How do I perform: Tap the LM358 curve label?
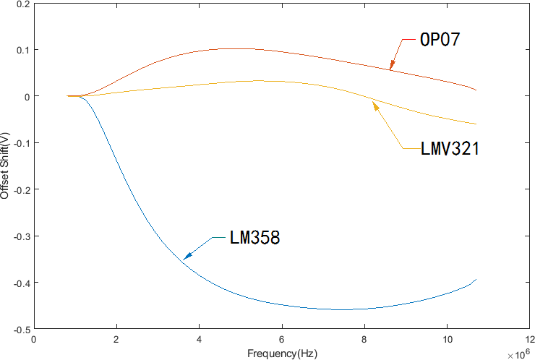(x=255, y=237)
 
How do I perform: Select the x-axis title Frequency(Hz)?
(x=281, y=353)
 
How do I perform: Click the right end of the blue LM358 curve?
(x=476, y=279)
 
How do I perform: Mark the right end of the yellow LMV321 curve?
(x=476, y=124)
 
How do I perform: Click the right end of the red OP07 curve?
(x=476, y=90)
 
